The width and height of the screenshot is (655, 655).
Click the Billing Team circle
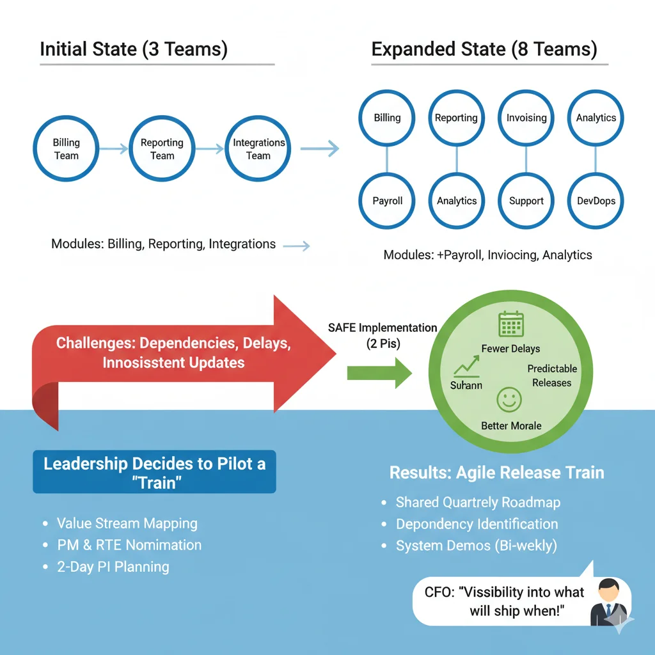pos(66,149)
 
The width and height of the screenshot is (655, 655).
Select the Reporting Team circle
pos(162,149)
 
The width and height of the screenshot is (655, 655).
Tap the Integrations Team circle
pos(258,149)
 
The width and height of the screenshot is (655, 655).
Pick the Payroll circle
pos(388,201)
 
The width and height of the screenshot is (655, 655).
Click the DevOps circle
pos(596,201)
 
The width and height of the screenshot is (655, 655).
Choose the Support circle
pos(526,201)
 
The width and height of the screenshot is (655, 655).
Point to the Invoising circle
pos(526,118)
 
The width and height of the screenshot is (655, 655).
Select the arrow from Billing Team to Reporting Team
pos(114,149)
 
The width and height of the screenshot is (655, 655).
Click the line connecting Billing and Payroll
pos(388,159)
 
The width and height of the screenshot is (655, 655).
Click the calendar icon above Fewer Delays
pos(511,324)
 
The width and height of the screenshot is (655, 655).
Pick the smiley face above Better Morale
pos(510,400)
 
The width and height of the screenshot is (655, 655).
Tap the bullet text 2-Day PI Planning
pos(113,567)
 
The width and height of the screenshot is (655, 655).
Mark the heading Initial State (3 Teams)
pos(134,49)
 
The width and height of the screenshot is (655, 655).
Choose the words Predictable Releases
pos(552,375)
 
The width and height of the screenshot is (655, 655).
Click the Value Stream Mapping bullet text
pos(127,523)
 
